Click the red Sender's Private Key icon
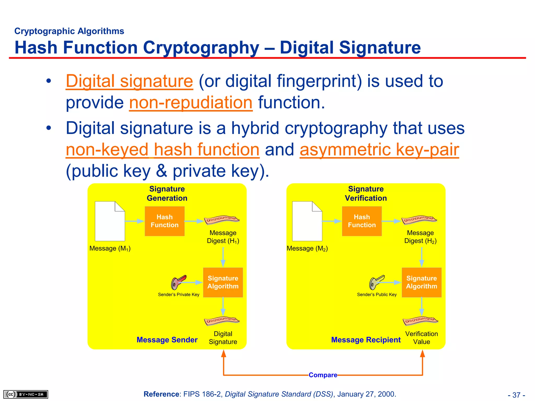(178, 282)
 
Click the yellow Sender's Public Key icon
(376, 282)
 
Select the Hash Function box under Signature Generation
(165, 221)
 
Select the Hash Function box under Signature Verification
(362, 221)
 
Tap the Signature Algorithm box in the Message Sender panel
(223, 282)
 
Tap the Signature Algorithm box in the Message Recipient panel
(421, 282)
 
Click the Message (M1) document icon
(110, 221)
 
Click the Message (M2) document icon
(307, 221)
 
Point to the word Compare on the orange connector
(323, 375)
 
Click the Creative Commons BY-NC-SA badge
(26, 394)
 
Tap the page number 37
(516, 395)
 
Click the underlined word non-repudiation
(191, 103)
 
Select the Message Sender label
(167, 340)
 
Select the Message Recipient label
(366, 340)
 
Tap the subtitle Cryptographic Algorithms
(69, 31)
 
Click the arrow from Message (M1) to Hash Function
(135, 221)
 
